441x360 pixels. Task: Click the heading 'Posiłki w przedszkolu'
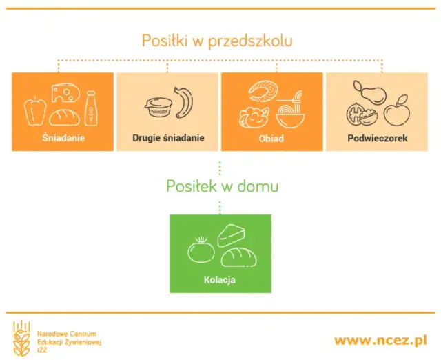[x=217, y=40]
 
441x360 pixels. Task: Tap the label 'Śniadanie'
[x=63, y=138]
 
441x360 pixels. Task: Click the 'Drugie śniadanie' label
[x=168, y=138]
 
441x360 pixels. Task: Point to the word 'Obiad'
[x=271, y=138]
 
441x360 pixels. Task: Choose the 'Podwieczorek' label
[x=377, y=138]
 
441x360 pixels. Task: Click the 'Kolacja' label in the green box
[x=220, y=280]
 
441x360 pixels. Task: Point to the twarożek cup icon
[x=158, y=108]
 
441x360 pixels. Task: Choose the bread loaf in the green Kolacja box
[x=238, y=258]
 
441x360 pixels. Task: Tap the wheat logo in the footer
[x=21, y=338]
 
